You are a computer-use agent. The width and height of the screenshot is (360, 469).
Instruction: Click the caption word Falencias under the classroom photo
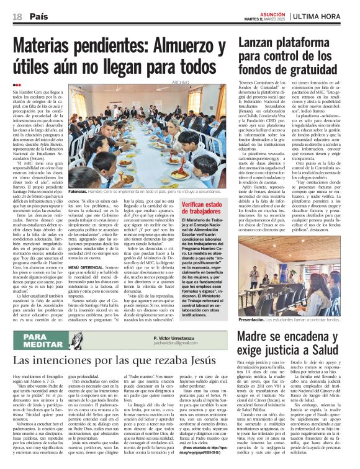78,193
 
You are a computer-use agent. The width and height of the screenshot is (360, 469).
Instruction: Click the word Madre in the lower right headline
256,336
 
